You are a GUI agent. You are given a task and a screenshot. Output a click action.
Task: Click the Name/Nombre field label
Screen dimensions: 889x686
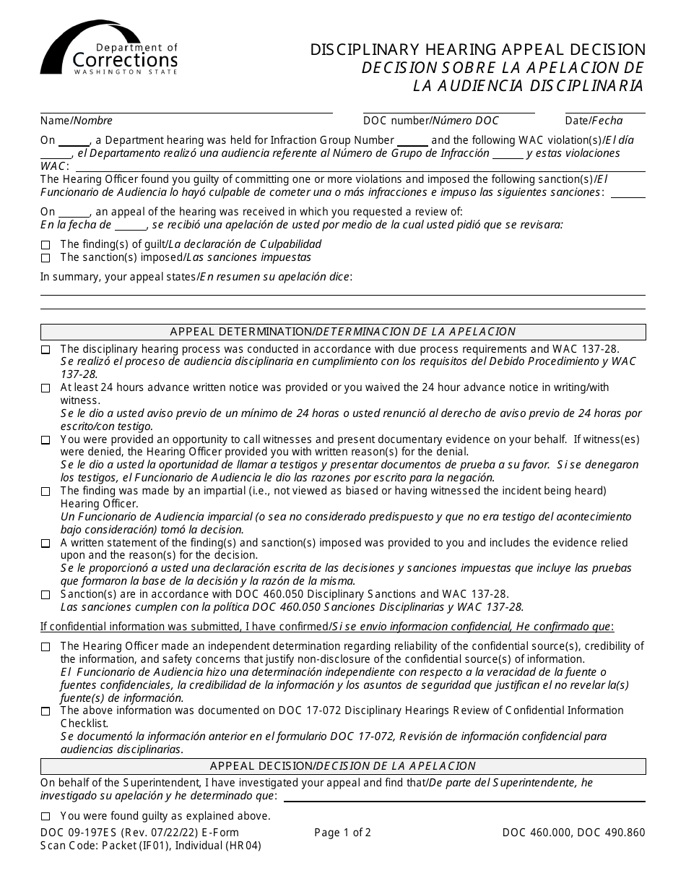pos(76,121)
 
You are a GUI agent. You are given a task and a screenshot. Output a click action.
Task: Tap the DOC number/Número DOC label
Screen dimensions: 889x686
pos(430,121)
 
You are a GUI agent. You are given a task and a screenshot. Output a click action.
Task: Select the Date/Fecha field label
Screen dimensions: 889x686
pos(594,121)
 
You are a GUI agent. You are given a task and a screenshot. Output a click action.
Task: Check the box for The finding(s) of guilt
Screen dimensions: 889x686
pos(45,245)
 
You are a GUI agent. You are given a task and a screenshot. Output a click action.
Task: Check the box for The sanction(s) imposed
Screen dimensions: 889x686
pos(45,258)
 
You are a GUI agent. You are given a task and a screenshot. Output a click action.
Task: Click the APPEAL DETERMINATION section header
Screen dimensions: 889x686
pos(343,332)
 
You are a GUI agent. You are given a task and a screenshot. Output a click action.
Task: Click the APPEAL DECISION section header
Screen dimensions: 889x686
pos(343,765)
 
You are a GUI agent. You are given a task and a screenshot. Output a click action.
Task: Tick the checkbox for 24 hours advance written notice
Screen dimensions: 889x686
pos(45,388)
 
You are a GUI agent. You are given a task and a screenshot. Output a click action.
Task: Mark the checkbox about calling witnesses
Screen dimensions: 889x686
pos(45,440)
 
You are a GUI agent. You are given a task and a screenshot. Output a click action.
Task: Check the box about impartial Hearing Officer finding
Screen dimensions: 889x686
pos(45,491)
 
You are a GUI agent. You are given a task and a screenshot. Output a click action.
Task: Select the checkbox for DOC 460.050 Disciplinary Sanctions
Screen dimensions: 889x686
pos(45,595)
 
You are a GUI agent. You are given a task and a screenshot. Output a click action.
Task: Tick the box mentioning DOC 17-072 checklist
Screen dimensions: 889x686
pos(45,711)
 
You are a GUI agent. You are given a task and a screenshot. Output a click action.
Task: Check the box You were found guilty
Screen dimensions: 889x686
pos(45,817)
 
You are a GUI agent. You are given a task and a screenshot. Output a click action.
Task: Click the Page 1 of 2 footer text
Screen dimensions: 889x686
pos(342,833)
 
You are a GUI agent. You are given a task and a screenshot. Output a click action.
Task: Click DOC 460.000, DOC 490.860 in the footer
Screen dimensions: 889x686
pos(573,833)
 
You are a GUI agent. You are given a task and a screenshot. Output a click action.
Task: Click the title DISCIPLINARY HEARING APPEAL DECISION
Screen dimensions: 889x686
pos(478,50)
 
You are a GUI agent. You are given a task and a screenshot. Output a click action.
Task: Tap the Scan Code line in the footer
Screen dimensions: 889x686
pos(150,846)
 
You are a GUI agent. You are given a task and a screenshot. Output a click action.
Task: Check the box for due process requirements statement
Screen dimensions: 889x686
pos(45,350)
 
